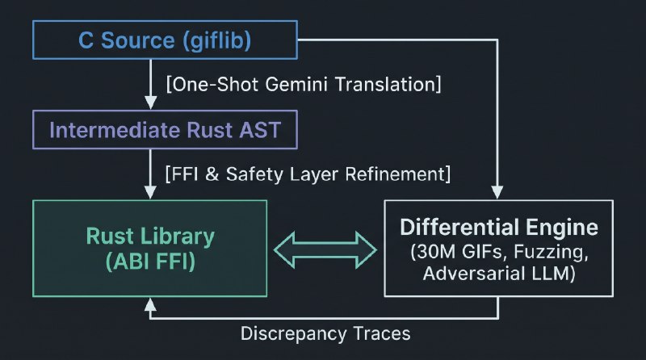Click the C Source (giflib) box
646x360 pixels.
165,40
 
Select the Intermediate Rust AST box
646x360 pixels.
165,129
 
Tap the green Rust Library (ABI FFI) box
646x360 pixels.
150,249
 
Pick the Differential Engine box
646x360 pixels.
498,249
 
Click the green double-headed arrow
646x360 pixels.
325,250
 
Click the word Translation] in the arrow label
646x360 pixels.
388,85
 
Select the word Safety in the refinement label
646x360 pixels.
254,174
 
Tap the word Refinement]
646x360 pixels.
397,174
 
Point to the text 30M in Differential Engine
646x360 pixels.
434,252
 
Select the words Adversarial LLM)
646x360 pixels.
498,274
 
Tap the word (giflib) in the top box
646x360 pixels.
216,40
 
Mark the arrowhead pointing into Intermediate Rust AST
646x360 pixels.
150,103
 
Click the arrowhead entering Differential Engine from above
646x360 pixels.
497,192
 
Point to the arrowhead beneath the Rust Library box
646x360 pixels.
150,304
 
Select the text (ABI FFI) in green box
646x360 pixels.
150,262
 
